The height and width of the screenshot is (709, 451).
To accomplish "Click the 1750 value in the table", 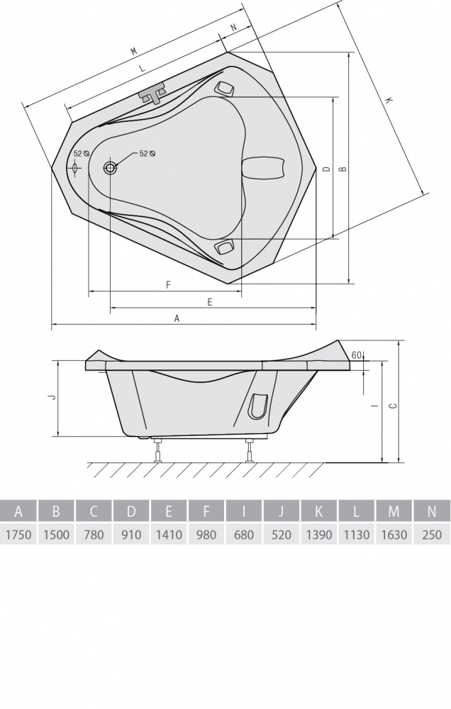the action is [18, 535].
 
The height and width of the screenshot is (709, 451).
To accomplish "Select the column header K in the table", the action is [319, 511].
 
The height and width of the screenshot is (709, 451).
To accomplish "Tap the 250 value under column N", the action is [432, 535].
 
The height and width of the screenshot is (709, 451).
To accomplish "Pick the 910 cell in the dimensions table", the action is [131, 535].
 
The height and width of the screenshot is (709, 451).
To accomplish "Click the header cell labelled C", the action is [94, 511].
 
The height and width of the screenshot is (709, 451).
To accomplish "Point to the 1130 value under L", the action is [357, 535].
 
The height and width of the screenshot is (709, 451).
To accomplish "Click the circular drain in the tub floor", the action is [110, 168].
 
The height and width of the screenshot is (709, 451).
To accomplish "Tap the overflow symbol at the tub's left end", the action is [75, 167].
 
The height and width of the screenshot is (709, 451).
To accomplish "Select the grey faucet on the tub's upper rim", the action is [152, 93].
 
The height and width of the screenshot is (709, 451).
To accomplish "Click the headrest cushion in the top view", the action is [265, 168].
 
